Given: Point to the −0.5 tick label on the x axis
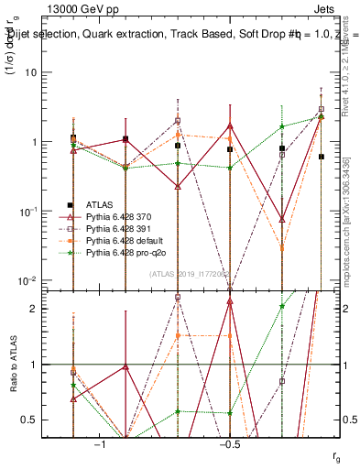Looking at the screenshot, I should click(x=229, y=444).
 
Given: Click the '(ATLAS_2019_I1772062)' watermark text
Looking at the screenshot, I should click(x=191, y=273).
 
